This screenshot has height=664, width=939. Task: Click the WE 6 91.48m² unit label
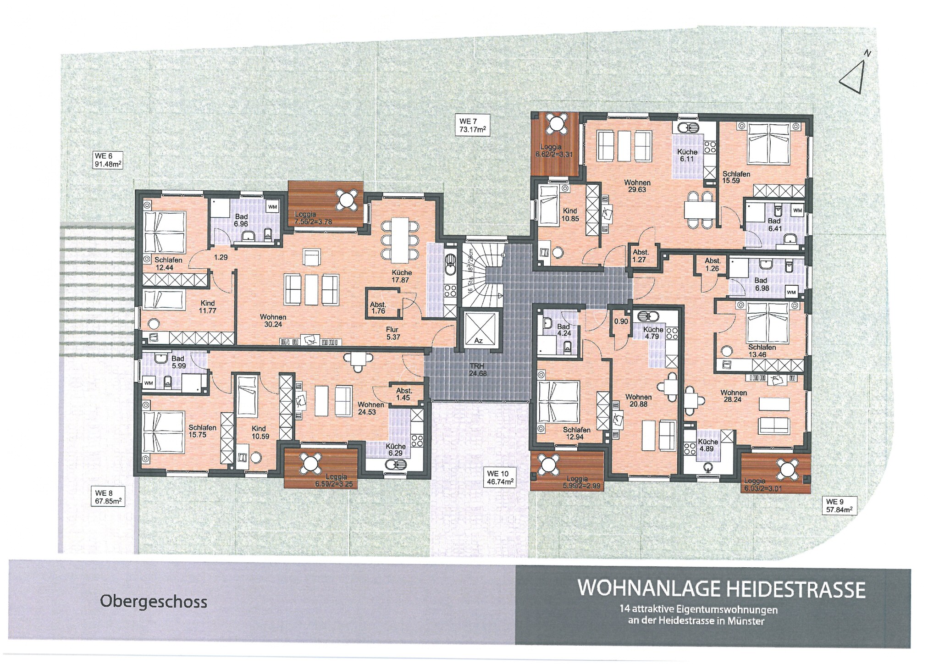click(x=108, y=160)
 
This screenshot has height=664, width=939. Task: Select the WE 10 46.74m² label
click(x=500, y=478)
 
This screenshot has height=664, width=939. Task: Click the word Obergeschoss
click(x=154, y=602)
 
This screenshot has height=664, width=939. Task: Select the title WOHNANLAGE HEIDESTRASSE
click(x=722, y=589)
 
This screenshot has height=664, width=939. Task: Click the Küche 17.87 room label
click(x=402, y=276)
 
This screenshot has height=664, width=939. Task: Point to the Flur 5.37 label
click(x=392, y=333)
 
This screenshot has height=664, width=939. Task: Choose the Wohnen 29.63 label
click(x=637, y=186)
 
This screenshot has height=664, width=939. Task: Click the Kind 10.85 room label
click(x=570, y=215)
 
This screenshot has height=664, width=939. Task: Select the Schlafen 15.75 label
click(x=202, y=431)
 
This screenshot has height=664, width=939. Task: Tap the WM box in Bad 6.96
click(x=272, y=207)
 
